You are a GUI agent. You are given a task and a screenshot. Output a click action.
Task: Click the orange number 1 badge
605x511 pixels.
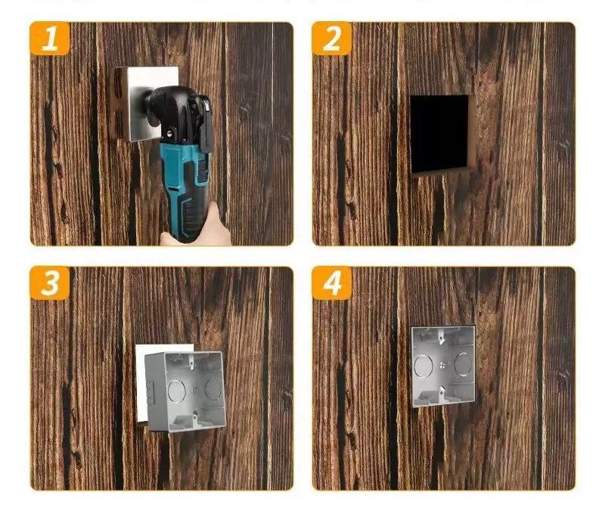click(x=50, y=39)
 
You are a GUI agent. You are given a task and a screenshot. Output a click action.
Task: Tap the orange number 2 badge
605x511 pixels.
click(x=332, y=39)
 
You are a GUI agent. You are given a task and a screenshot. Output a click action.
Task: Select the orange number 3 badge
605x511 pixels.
click(x=50, y=282)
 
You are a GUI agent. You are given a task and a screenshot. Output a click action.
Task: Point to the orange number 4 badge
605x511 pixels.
click(x=332, y=282)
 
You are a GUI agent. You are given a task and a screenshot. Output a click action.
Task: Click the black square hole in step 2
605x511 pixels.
click(x=440, y=134)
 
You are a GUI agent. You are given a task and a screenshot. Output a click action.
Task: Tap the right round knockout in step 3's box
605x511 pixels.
click(x=213, y=388)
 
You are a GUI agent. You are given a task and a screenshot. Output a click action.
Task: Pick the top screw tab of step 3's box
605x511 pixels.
click(x=190, y=361)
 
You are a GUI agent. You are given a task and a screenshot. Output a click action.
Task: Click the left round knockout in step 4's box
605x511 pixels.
click(x=423, y=366)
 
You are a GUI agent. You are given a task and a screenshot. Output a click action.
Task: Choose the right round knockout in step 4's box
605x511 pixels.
click(x=463, y=363)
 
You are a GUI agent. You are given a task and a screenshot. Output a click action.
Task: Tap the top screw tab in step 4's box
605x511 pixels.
click(x=441, y=337)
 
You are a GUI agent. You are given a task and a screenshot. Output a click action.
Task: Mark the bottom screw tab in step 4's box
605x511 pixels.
click(x=442, y=392)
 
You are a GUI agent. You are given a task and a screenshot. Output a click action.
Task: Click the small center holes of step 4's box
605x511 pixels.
click(x=442, y=364)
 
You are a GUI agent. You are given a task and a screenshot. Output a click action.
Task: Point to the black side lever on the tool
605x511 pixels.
click(x=207, y=124)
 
